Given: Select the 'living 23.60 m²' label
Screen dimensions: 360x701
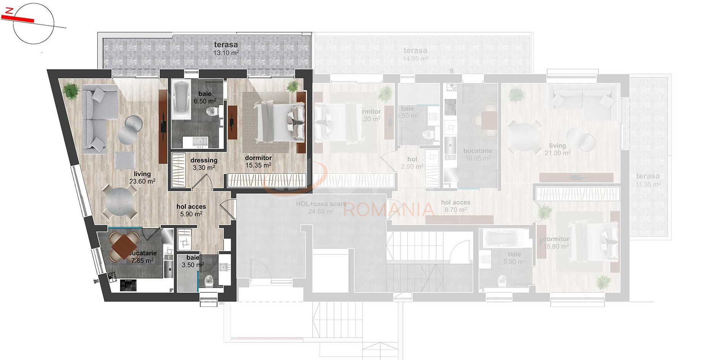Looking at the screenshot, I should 142,178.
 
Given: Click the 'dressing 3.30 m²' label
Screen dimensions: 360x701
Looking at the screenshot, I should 204,164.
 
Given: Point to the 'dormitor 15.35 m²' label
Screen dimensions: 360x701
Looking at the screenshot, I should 258,162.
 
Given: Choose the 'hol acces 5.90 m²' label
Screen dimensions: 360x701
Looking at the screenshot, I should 191,210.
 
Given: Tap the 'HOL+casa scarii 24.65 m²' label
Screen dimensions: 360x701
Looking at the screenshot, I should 321,208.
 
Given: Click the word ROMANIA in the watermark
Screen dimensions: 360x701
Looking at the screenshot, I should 389,209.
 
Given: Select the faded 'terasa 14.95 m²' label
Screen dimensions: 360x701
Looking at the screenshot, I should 415,54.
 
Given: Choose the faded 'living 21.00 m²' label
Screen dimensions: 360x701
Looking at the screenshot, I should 558,149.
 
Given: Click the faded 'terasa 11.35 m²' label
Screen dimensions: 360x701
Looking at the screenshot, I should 648,180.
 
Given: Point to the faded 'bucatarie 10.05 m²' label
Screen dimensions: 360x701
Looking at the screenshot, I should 478,154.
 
